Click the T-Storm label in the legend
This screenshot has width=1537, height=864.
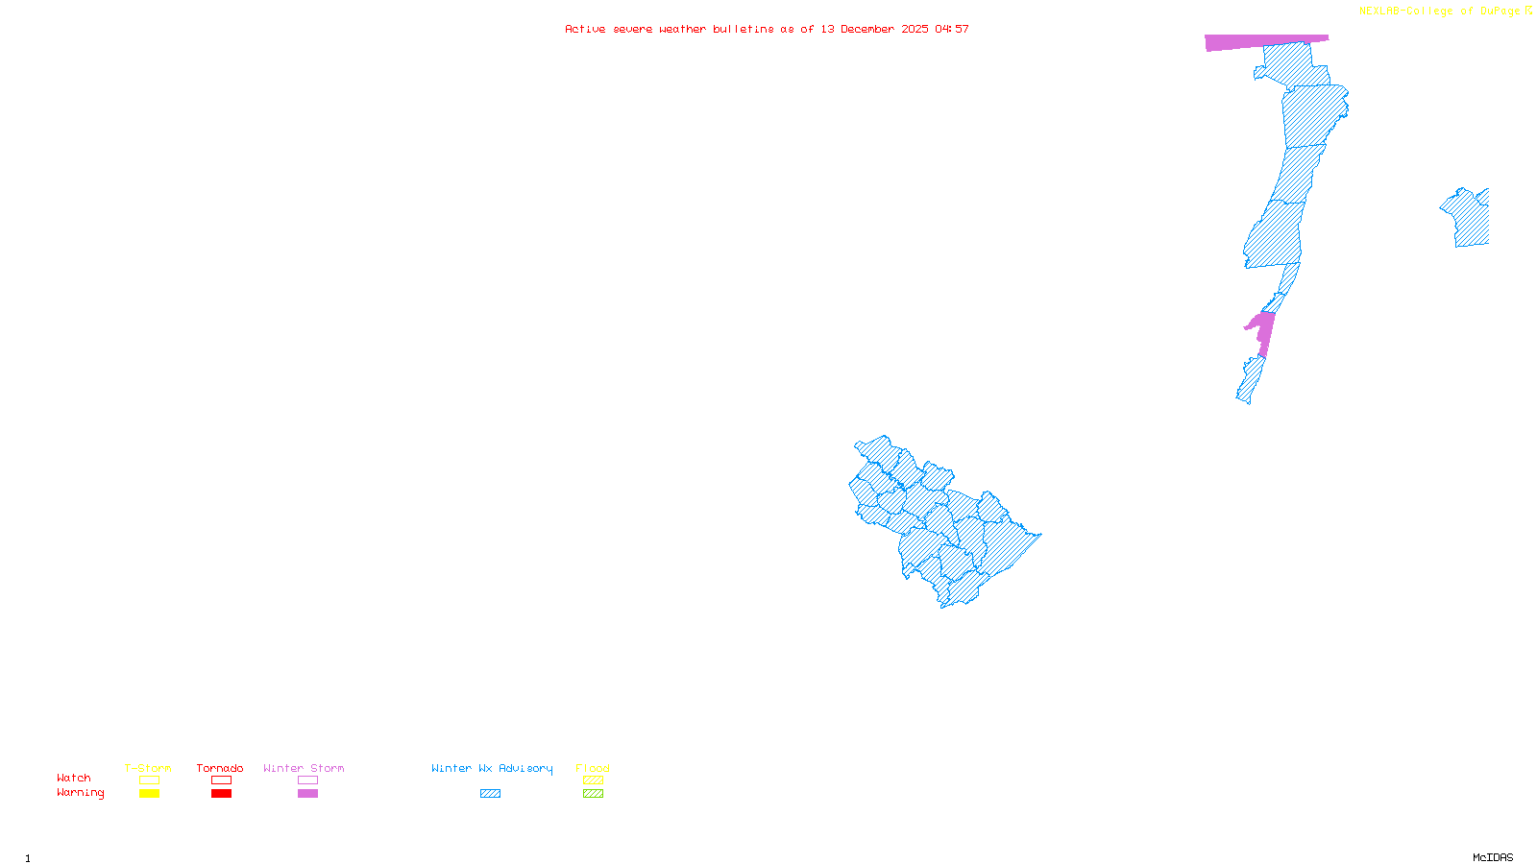tap(148, 768)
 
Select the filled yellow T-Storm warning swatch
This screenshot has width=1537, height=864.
tap(149, 794)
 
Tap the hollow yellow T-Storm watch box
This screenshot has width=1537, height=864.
tap(149, 780)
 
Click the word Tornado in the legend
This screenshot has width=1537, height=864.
tap(220, 768)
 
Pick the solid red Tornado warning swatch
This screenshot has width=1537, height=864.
tap(221, 794)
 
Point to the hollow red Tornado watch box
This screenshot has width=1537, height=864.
tap(221, 780)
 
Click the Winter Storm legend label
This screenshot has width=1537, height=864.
tap(304, 768)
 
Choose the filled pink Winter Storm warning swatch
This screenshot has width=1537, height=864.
tap(307, 794)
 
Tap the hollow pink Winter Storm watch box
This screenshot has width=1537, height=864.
tap(307, 780)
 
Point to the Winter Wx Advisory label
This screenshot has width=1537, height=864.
tap(492, 768)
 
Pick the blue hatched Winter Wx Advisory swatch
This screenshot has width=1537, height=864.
tap(490, 794)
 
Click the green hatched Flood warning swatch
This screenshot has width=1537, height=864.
tap(593, 794)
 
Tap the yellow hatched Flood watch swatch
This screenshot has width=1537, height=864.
tap(593, 780)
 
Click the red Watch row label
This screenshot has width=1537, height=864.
tap(74, 779)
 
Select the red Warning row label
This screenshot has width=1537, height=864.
tap(81, 793)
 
